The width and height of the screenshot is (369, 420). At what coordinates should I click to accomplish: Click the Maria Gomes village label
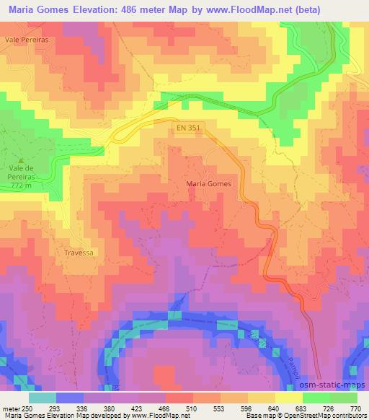pyautogui.click(x=209, y=185)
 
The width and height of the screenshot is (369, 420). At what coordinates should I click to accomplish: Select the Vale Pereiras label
pyautogui.click(x=25, y=42)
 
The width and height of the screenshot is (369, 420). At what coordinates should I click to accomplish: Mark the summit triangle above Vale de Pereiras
pyautogui.click(x=22, y=160)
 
